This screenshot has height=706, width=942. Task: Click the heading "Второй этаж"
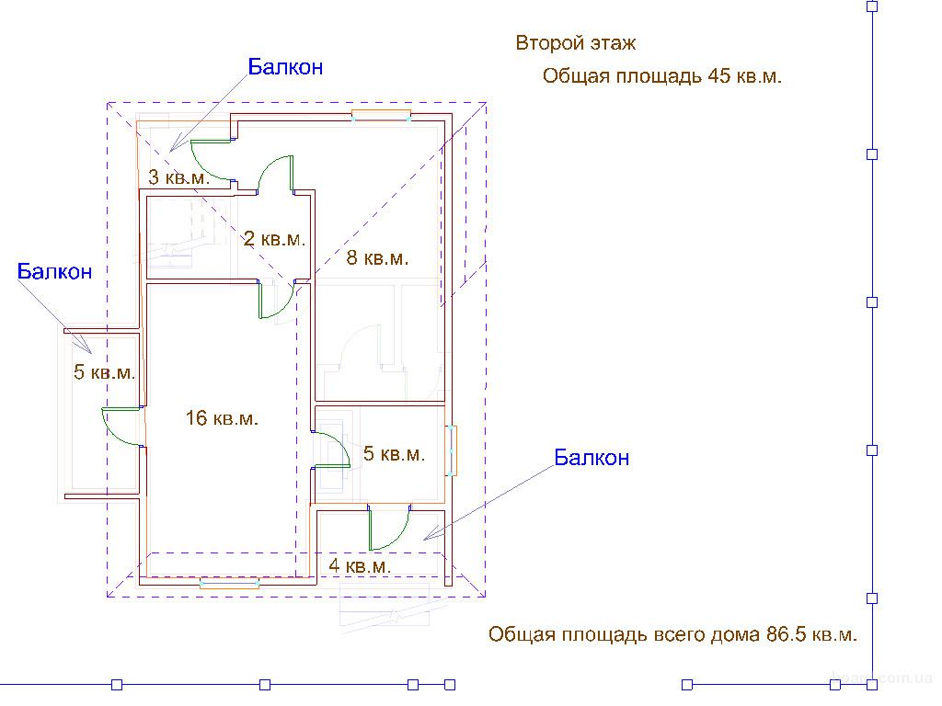pos(576,43)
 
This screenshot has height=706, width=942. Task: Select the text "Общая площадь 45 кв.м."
pos(662,76)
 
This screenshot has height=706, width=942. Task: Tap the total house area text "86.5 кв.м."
pos(811,634)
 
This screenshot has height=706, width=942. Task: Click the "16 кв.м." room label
pos(222,418)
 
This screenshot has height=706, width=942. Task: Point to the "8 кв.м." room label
pos(377,257)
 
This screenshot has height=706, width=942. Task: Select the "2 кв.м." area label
pos(274,239)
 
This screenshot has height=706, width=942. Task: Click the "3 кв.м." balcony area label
pos(179,177)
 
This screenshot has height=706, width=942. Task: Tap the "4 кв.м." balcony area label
pos(360,565)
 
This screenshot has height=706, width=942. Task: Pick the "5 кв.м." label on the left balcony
pos(105,371)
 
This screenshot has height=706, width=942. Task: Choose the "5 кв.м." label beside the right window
pos(394,453)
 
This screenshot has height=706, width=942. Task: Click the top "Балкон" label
pos(285,66)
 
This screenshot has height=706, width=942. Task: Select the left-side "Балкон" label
pos(54,271)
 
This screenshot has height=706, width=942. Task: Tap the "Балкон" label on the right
pos(592,458)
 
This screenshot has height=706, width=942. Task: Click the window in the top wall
pos(382,115)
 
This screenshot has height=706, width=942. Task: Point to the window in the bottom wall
pos(229,582)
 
